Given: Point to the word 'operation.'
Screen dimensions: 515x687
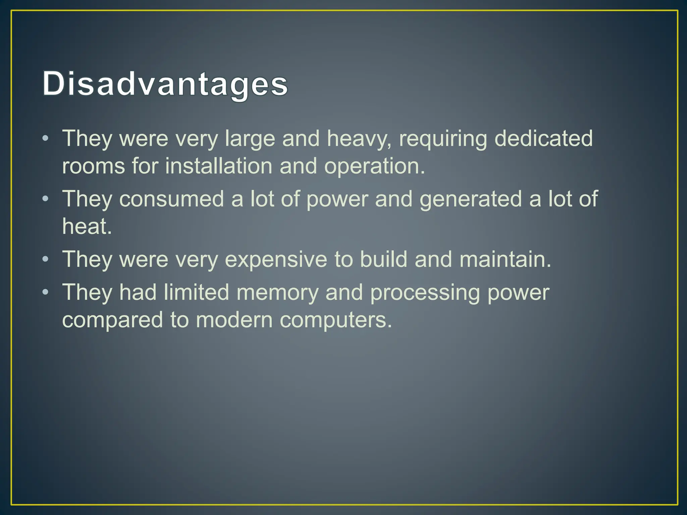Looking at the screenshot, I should (x=374, y=167).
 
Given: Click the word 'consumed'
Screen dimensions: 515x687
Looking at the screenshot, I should (x=171, y=199).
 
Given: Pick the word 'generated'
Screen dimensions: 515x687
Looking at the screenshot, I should (x=471, y=199).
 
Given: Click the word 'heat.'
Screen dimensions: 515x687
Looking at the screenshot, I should (x=87, y=226).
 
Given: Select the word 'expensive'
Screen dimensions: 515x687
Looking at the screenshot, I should (x=276, y=260).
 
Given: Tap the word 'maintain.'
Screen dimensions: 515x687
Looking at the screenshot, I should (x=505, y=259).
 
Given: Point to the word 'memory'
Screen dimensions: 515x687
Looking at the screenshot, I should (x=277, y=293).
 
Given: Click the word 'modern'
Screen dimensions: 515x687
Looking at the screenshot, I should (x=234, y=320).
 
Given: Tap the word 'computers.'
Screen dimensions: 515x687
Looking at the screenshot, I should (x=336, y=321).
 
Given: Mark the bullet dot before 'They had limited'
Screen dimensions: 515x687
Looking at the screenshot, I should (x=46, y=292).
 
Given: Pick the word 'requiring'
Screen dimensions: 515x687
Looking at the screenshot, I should (x=443, y=139).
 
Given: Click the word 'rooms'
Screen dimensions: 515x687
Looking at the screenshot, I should (x=94, y=166).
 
